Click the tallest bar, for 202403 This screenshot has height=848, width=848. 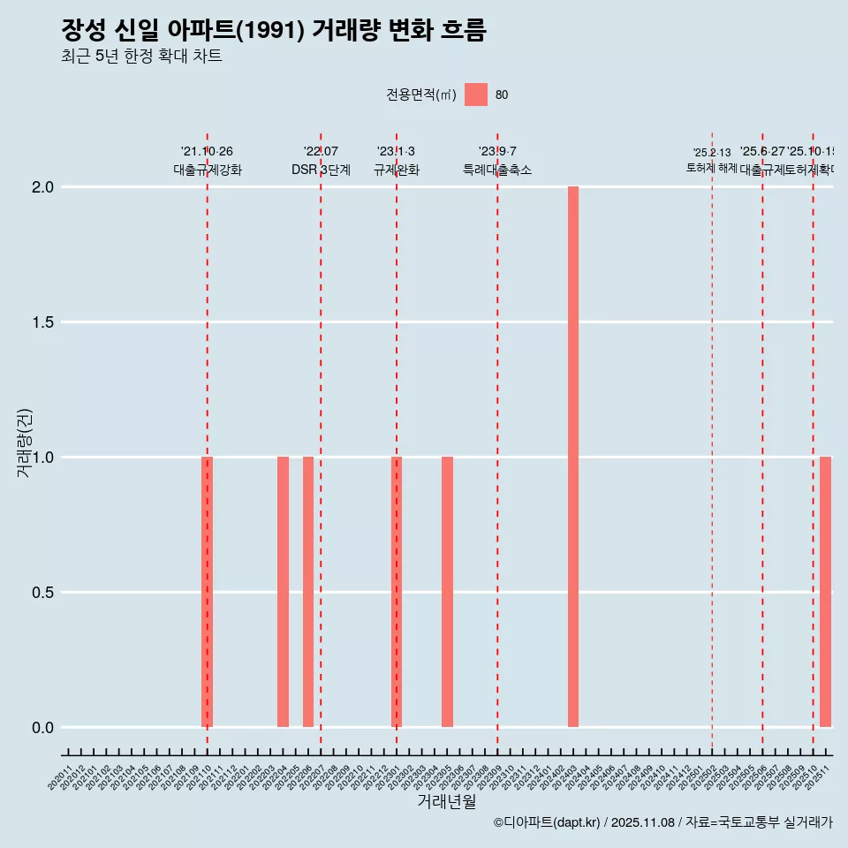pos(573,457)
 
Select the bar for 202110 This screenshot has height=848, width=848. pos(208,592)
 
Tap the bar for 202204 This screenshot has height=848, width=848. pos(283,592)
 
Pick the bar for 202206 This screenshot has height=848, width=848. pos(308,592)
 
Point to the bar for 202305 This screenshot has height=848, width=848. pos(447,592)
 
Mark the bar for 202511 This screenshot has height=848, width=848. pos(825,592)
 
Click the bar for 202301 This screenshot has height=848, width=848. pos(397,592)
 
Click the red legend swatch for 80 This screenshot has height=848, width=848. pos(476,95)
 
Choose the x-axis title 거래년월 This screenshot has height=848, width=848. pos(446,802)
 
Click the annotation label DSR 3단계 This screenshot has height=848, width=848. pos(321,170)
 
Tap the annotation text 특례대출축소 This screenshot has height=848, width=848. pos(497,170)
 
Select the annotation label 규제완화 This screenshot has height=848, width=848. pos(396,170)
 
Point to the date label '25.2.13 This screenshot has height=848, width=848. pos(711,153)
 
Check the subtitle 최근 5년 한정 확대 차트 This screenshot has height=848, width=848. pos(141,57)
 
